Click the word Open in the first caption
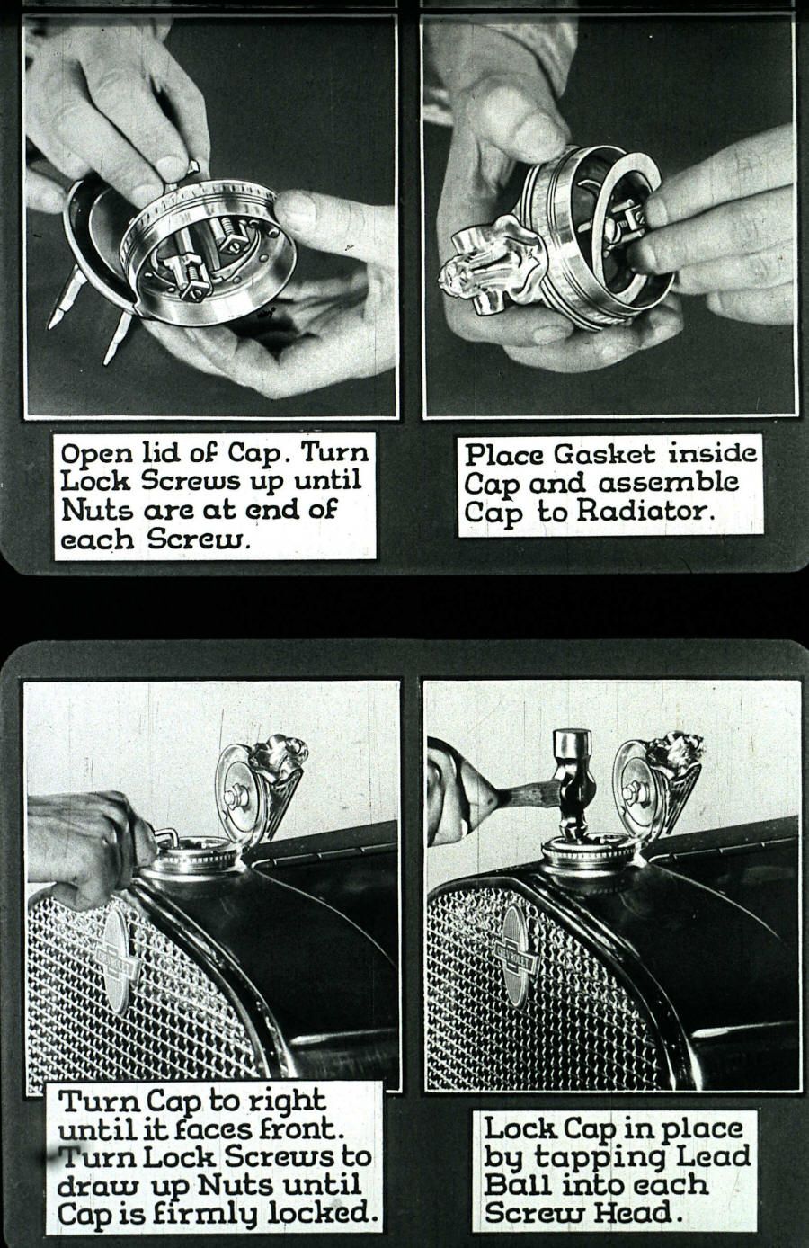point(92,452)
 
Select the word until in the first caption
point(328,481)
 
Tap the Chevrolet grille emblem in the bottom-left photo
point(117,962)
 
